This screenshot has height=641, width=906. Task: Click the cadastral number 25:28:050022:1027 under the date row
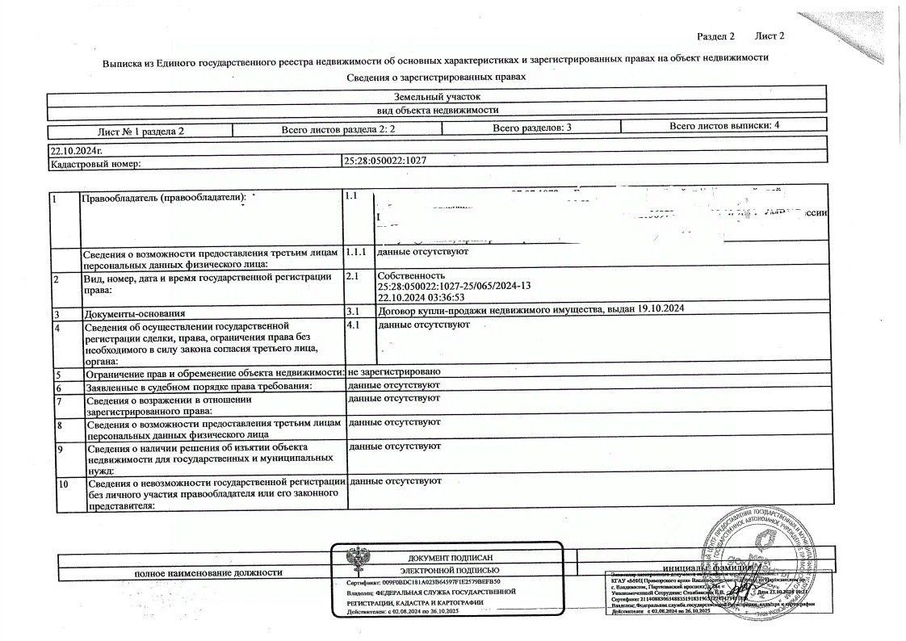(x=385, y=161)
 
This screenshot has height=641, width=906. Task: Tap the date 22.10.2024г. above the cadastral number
(x=76, y=150)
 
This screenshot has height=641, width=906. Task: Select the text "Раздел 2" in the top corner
(x=715, y=36)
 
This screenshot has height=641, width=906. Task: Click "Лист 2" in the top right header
(x=770, y=36)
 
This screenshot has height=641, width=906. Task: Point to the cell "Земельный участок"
(x=437, y=96)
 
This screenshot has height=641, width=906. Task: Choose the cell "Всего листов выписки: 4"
(x=724, y=126)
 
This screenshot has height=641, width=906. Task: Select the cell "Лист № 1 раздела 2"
(x=141, y=130)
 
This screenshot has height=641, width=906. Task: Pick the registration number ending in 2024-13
(x=454, y=287)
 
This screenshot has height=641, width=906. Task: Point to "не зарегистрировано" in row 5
(x=393, y=371)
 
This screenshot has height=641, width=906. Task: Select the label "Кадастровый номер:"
(x=95, y=163)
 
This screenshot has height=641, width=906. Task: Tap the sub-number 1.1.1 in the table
(x=355, y=252)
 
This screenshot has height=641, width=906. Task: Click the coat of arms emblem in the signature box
(x=355, y=560)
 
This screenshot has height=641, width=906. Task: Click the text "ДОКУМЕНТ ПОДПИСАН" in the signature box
(x=450, y=558)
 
